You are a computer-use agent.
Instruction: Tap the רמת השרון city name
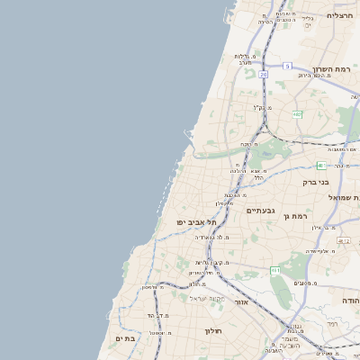click(x=332, y=68)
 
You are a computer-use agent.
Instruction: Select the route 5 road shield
click(x=286, y=66)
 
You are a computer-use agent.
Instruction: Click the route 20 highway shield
click(x=263, y=75)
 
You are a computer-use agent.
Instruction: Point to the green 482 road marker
click(x=296, y=113)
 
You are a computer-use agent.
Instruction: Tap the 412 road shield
click(x=344, y=241)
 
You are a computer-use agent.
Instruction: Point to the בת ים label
click(x=125, y=337)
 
